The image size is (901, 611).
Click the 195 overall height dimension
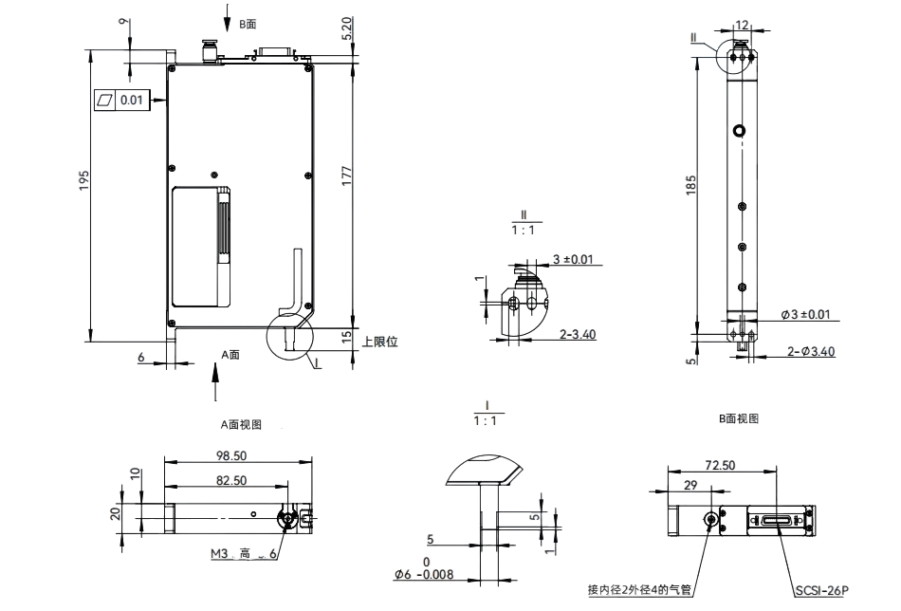click(x=84, y=180)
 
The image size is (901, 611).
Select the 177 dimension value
click(x=346, y=176)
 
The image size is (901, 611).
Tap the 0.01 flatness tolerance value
click(x=132, y=100)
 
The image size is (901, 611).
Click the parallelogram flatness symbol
click(x=104, y=100)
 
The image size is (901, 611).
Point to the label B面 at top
click(x=248, y=24)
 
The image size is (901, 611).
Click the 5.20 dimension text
click(x=346, y=28)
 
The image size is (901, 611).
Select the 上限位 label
click(x=379, y=342)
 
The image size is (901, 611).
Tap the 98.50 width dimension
click(x=231, y=455)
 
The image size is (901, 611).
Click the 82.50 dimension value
click(x=231, y=480)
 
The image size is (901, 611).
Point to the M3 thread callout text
click(x=219, y=553)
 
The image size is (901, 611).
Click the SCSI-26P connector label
click(x=822, y=590)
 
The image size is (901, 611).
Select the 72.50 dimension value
click(x=720, y=465)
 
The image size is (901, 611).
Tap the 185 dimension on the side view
click(x=691, y=185)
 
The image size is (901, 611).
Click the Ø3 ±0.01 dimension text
click(x=805, y=314)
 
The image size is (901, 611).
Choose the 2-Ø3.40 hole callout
click(x=811, y=351)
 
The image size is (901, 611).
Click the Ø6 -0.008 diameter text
click(x=424, y=574)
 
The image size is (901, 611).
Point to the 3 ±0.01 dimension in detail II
click(x=573, y=259)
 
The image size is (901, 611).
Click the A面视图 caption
click(x=241, y=425)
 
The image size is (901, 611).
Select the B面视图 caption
click(x=739, y=418)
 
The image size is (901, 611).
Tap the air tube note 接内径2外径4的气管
click(x=639, y=590)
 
